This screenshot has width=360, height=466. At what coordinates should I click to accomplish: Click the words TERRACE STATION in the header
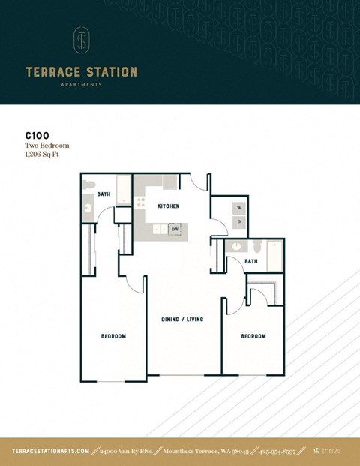click(x=81, y=72)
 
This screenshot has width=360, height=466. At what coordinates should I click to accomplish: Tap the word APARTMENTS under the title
click(x=81, y=85)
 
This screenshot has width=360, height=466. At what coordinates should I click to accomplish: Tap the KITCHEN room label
click(x=169, y=206)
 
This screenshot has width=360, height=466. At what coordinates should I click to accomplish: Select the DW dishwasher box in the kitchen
click(x=175, y=230)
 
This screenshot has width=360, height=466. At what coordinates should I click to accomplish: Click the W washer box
click(x=239, y=207)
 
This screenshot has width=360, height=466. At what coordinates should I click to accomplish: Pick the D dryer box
click(x=239, y=221)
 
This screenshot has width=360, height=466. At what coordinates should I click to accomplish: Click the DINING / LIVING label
click(x=182, y=319)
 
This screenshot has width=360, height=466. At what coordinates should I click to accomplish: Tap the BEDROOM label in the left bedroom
click(x=113, y=335)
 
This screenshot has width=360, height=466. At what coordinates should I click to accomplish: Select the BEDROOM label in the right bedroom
click(x=253, y=335)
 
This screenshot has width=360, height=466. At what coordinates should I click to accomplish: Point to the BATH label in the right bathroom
click(x=252, y=261)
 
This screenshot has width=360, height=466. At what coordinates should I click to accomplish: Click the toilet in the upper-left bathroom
click(x=88, y=185)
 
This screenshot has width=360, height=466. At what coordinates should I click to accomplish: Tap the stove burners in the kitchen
click(x=140, y=202)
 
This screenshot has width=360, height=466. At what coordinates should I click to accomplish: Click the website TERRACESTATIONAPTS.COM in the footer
click(x=51, y=451)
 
